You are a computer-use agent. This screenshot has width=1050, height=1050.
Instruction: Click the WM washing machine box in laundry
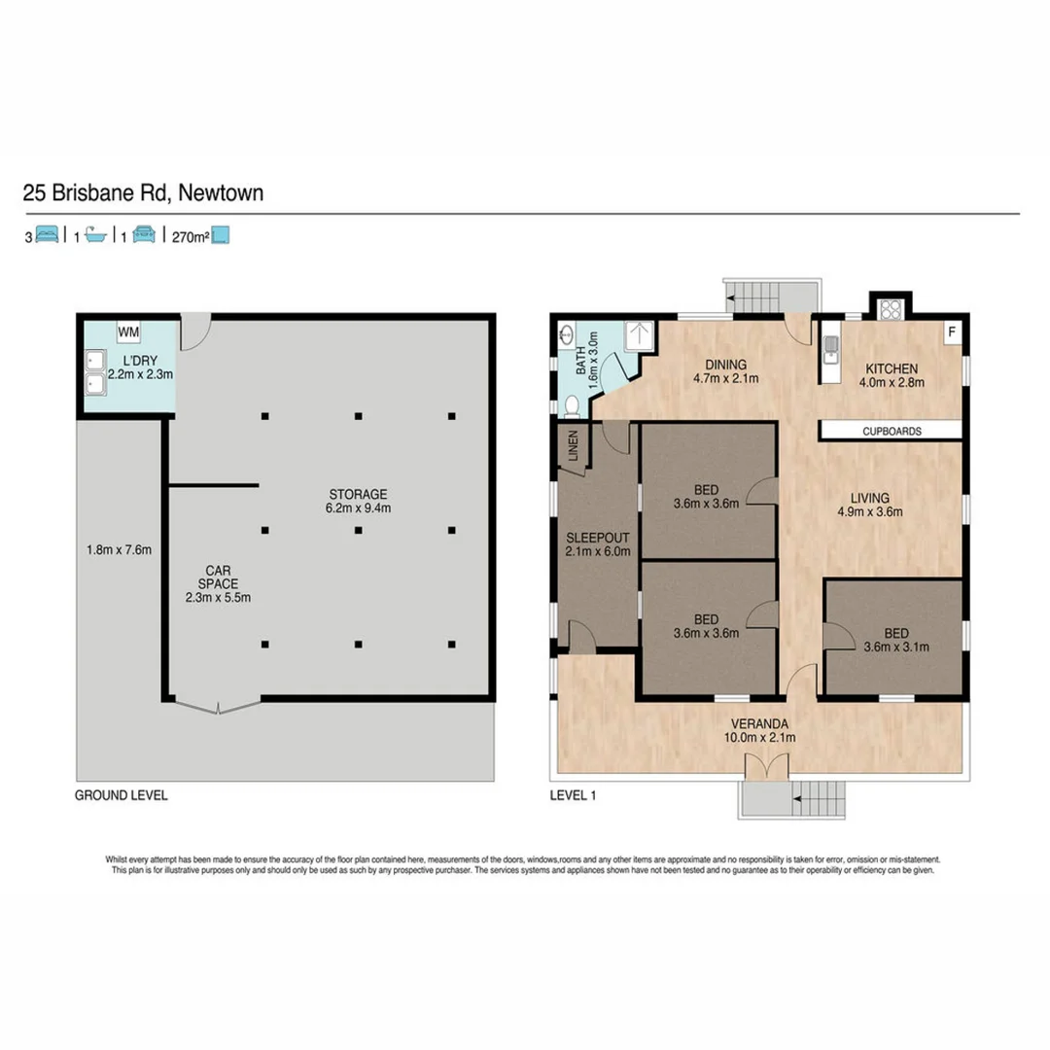tap(129, 332)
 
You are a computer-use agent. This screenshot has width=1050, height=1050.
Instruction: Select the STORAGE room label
tap(358, 493)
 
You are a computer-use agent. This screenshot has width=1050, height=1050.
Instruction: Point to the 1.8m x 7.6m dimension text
tap(119, 550)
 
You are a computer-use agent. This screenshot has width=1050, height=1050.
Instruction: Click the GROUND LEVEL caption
tap(122, 794)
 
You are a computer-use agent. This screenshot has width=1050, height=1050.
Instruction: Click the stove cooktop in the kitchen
tap(891, 310)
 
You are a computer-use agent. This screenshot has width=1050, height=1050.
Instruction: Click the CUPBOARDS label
tap(891, 431)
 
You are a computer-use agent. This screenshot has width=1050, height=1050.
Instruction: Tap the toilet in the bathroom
tap(573, 404)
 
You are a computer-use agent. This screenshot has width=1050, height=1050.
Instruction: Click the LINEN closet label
tap(573, 446)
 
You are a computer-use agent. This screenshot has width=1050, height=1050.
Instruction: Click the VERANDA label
tap(760, 723)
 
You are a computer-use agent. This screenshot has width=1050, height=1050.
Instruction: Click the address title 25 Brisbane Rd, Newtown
tap(143, 193)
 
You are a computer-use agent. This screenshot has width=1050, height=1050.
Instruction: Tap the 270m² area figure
tap(191, 235)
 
